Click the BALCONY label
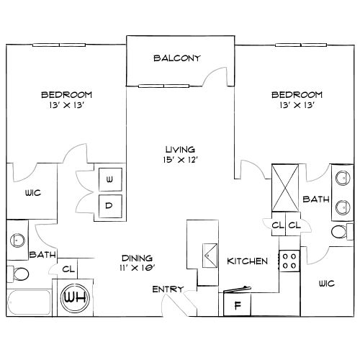176,58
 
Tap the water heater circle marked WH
75,298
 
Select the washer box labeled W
110,179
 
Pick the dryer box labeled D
110,206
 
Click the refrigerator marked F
237,305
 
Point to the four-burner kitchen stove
289,261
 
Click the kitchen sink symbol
210,256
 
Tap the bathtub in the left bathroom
29,302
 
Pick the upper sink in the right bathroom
343,178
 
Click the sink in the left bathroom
17,240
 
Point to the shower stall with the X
285,188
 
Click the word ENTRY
168,289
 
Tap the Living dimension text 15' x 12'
180,160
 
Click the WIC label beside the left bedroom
33,193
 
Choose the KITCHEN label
247,261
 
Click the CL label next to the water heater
68,269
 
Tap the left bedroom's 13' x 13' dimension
66,105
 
